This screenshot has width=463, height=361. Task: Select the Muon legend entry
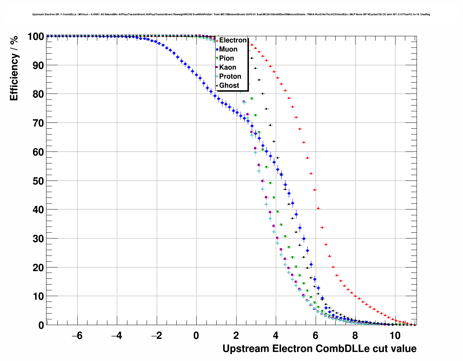tap(228, 49)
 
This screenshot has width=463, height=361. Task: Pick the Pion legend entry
tap(226, 58)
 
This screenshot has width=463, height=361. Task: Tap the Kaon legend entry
tap(228, 67)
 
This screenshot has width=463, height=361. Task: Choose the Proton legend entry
tap(230, 76)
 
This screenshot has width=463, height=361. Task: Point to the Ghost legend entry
tap(229, 86)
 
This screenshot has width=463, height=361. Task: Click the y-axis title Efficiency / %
tap(14, 69)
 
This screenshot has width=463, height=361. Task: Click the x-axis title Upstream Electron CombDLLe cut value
tap(319, 349)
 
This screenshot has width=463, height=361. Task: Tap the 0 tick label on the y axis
tap(41, 325)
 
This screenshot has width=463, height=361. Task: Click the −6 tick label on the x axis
tap(77, 336)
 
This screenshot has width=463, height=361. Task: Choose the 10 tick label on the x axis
tap(395, 336)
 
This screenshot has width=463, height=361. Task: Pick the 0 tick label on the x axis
tap(196, 336)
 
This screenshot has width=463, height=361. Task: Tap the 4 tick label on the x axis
tap(276, 336)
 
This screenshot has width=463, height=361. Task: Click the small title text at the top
tap(231, 14)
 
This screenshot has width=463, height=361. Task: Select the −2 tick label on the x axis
tap(156, 336)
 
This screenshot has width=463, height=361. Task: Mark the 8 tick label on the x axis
tap(355, 336)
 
